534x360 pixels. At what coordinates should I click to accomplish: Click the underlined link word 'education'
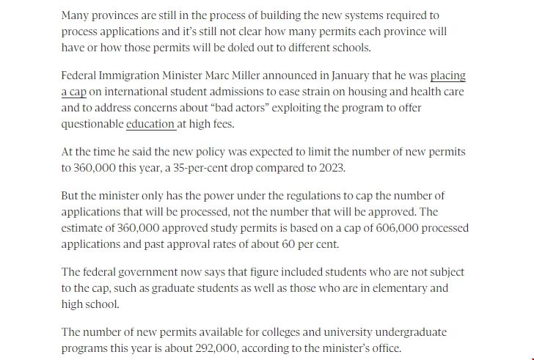[x=150, y=124]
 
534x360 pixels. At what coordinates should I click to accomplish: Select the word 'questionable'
[x=92, y=124]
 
